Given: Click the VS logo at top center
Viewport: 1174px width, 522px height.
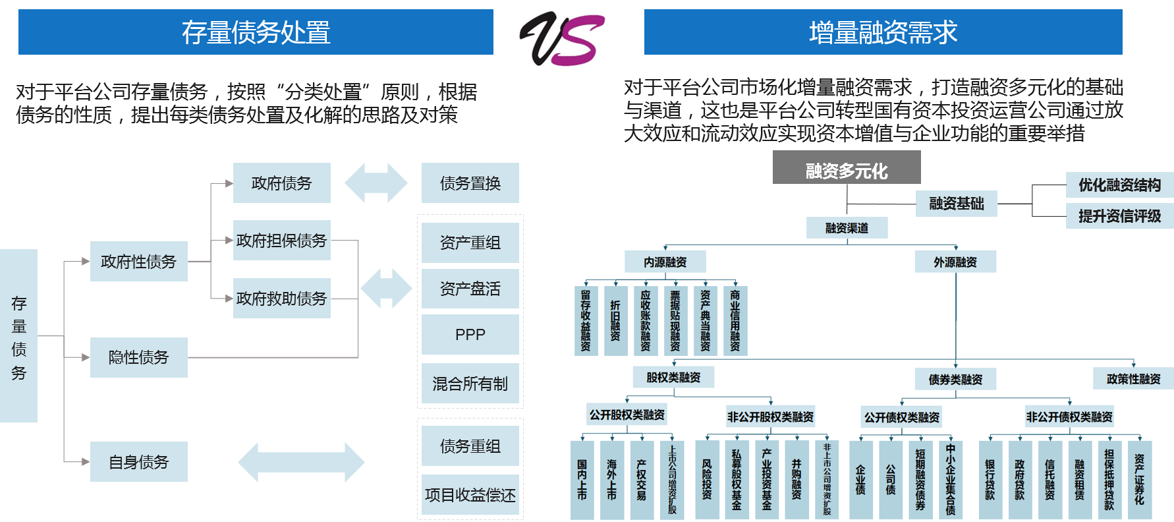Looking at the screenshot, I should [x=561, y=37].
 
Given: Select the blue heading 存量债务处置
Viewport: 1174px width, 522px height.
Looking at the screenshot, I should [x=256, y=32].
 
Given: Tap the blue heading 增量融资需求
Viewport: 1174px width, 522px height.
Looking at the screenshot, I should [x=883, y=32].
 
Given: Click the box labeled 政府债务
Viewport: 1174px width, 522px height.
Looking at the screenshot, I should [x=281, y=183].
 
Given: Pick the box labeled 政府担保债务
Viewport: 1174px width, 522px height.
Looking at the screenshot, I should [x=281, y=241].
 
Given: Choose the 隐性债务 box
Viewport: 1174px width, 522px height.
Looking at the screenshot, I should [x=138, y=357].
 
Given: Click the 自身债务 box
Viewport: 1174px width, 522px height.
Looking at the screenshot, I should [x=138, y=462].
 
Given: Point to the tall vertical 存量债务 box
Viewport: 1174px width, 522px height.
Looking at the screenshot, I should [x=18, y=336].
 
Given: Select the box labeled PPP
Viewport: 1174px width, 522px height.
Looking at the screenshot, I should [x=470, y=335].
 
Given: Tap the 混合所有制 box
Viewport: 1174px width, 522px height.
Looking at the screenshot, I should [x=470, y=384].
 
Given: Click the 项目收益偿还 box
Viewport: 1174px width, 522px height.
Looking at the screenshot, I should [x=470, y=495].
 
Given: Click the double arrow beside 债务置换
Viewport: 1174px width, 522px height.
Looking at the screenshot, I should [x=376, y=183].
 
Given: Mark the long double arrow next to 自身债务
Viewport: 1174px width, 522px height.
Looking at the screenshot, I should [x=301, y=462].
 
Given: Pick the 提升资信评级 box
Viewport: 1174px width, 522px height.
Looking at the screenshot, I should [x=1119, y=216].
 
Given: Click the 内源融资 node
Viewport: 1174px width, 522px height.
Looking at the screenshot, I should [x=665, y=262].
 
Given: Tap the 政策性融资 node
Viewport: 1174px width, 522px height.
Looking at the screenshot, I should [x=1133, y=379].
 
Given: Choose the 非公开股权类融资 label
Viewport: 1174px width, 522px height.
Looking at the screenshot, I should [x=770, y=417].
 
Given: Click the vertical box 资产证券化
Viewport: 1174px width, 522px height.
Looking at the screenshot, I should [x=1139, y=479].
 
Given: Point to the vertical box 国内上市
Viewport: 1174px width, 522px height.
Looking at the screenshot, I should [x=582, y=479].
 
